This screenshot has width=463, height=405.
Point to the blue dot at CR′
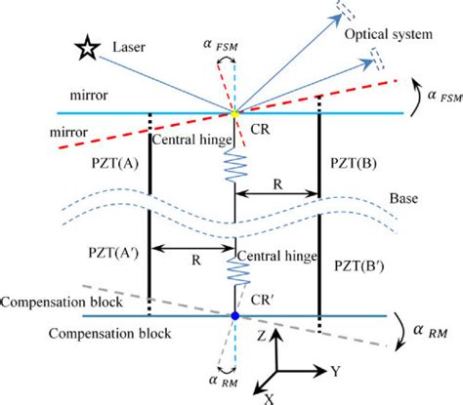[234, 317]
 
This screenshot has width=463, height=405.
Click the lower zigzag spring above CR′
[234, 265]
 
